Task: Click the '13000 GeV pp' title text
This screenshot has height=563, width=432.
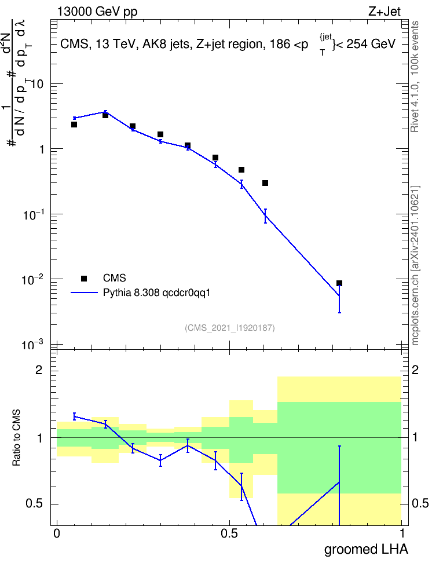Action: point(97,12)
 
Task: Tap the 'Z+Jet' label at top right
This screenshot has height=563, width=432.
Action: point(385,12)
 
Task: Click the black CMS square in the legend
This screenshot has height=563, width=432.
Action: point(84,278)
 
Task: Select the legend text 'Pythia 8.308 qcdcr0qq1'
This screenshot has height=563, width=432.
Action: point(156,293)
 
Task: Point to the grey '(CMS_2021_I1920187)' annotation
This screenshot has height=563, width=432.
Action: point(230,328)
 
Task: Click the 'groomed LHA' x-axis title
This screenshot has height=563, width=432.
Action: point(367,550)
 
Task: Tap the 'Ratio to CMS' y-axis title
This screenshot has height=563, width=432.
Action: point(16,438)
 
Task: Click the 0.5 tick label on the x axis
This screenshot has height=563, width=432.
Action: point(229,533)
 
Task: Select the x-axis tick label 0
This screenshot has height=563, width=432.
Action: point(57,533)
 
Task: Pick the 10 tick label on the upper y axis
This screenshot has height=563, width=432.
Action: point(37,85)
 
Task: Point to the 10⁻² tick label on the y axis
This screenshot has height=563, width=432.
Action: point(32,279)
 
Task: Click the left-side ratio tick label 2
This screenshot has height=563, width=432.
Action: point(39,370)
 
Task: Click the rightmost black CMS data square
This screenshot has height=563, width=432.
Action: point(339,283)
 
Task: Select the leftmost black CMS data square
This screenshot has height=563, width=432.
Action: point(74,125)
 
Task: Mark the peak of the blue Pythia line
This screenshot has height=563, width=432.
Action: point(105,112)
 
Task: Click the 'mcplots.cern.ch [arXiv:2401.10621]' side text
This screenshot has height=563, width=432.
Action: point(415,265)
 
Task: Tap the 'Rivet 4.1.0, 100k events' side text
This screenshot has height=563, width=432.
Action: point(415,76)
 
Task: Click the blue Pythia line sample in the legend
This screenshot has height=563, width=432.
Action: point(84,293)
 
